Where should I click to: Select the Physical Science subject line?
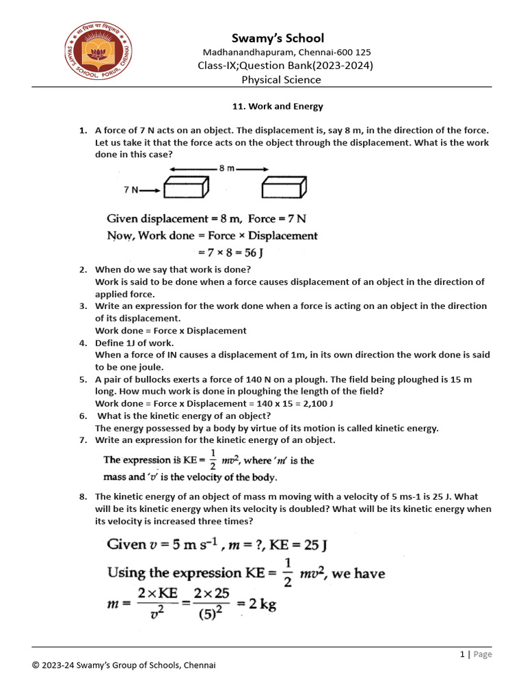pyautogui.click(x=281, y=79)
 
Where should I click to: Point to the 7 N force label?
pyautogui.click(x=131, y=189)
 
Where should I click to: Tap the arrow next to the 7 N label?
pyautogui.click(x=150, y=190)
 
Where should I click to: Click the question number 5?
pyautogui.click(x=83, y=379)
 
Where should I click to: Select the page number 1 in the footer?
pyautogui.click(x=463, y=654)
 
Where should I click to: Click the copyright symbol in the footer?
pyautogui.click(x=36, y=666)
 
